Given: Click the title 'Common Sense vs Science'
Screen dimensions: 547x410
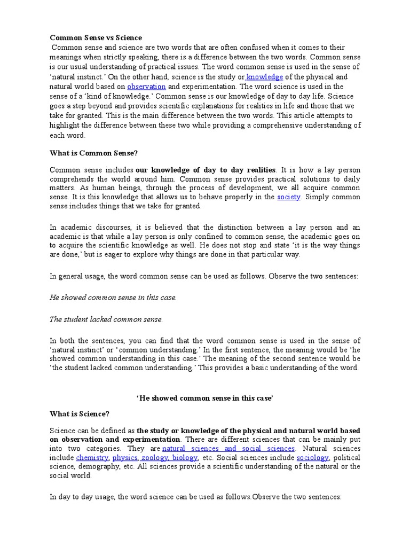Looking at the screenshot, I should pyautogui.click(x=96, y=37).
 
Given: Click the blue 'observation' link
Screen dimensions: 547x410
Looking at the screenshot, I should pyautogui.click(x=146, y=86).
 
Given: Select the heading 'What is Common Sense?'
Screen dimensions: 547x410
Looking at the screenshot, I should pyautogui.click(x=94, y=153).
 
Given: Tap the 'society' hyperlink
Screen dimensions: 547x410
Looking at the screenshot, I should pyautogui.click(x=289, y=197).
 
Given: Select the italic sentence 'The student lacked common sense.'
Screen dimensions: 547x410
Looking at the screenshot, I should pyautogui.click(x=106, y=319).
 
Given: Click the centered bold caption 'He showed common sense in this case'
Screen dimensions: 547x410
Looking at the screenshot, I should pyautogui.click(x=206, y=398).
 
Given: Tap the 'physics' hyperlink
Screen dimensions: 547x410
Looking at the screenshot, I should pyautogui.click(x=124, y=458).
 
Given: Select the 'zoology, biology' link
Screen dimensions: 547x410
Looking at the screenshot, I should pyautogui.click(x=169, y=458).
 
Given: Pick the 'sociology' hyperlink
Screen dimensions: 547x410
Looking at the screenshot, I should pyautogui.click(x=312, y=458).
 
